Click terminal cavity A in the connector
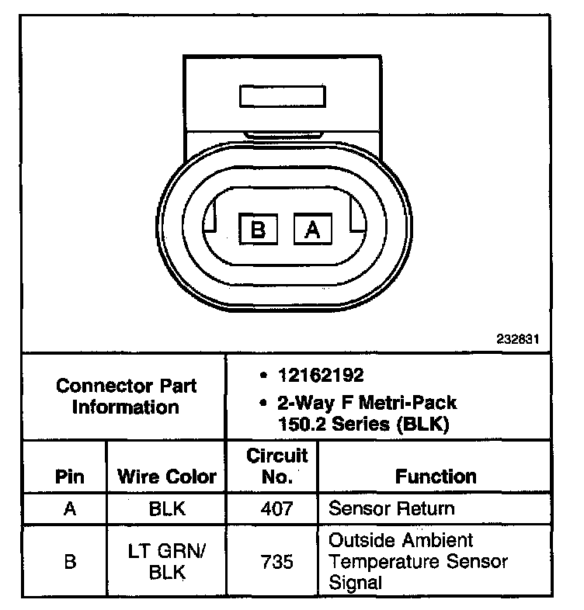coord(311,230)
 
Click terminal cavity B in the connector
coord(259,230)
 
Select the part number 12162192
coord(321,376)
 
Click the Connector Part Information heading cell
coord(127,396)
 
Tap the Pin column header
coord(70,476)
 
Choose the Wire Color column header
coord(166,476)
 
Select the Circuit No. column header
coord(276,466)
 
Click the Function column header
coord(436,476)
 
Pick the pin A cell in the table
coord(70,509)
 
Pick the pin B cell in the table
coord(70,562)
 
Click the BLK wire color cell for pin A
coord(166,509)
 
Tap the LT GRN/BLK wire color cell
coord(166,562)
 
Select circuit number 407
coord(276,509)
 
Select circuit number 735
coord(276,562)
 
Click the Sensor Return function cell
coord(391,509)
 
